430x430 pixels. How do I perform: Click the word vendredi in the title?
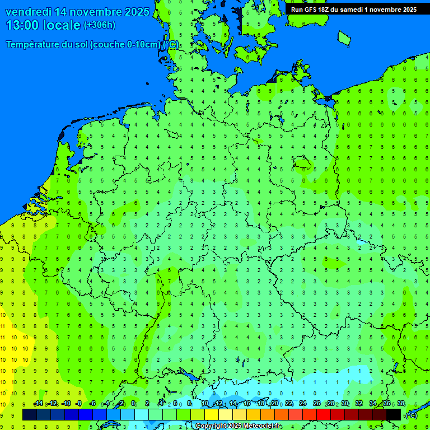tap(29, 12)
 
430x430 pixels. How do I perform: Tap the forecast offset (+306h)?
tap(100, 25)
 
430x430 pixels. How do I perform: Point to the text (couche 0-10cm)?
tap(125, 45)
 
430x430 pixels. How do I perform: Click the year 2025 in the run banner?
tap(407, 10)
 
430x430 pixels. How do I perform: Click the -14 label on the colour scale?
tap(38, 404)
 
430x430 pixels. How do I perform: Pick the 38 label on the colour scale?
tap(401, 404)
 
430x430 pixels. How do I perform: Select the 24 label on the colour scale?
tap(303, 404)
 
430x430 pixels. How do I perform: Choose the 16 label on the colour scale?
tap(247, 404)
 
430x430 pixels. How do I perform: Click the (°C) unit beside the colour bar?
tap(412, 415)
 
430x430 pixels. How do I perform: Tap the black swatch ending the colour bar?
tap(394, 414)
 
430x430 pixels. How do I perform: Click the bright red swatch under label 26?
tap(324, 414)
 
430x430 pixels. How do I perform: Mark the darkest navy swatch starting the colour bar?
tap(29, 414)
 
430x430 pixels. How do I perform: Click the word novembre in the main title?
tap(98, 12)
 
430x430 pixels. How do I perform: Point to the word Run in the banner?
tap(297, 10)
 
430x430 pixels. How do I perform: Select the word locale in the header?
tap(64, 25)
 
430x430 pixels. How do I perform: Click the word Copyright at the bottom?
tap(212, 426)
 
